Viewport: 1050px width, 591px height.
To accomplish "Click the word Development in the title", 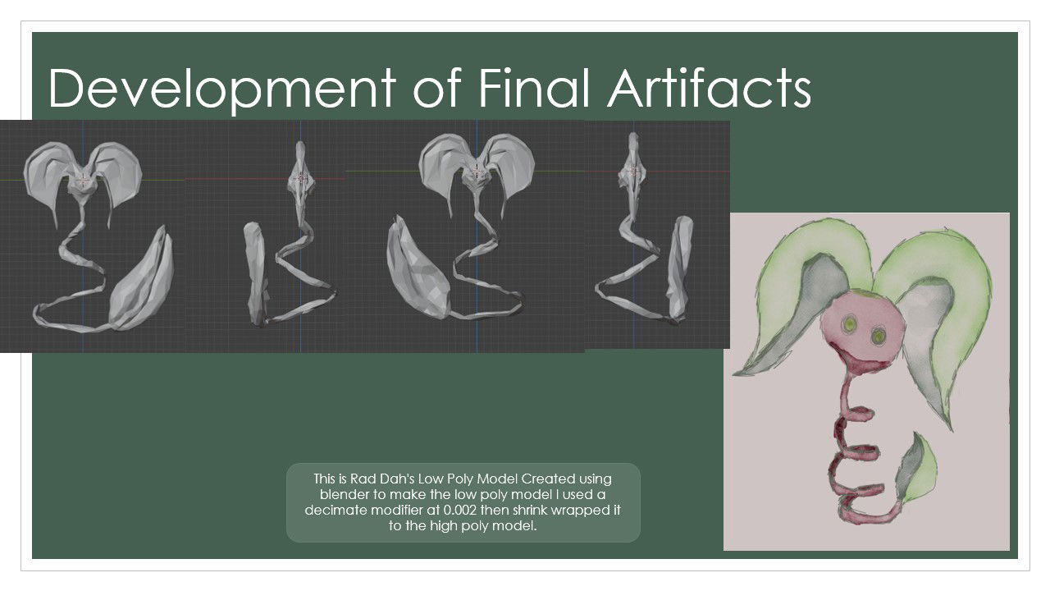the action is tap(221, 89).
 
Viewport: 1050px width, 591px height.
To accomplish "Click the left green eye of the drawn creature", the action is tap(849, 323).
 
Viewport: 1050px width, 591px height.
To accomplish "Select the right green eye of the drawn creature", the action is tap(878, 336).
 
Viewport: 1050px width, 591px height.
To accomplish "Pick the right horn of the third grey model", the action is tap(511, 169).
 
